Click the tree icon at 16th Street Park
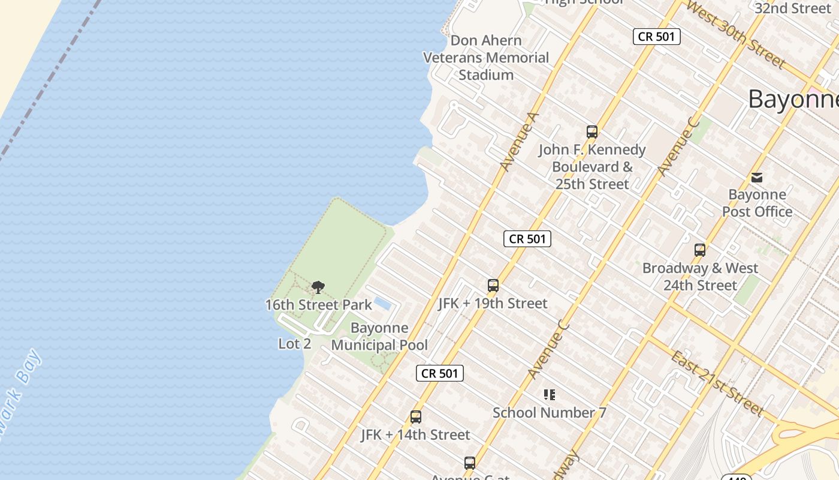coord(318,287)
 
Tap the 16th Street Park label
coord(319,305)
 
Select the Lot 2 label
coord(295,344)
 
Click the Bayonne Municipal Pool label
coord(379,337)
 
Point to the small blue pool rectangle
coord(382,304)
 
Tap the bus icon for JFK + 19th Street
coord(493,286)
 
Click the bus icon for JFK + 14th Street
coord(416,417)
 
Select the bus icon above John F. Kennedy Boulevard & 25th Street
coord(592,132)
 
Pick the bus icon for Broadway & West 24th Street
coord(700,250)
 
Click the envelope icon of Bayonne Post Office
coord(757,177)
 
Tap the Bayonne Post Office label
coord(757,203)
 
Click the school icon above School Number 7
coord(550,395)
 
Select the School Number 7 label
coord(550,413)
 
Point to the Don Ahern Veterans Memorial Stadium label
coord(486,58)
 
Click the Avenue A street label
coord(520,142)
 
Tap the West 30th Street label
coord(735,34)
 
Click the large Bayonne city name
coord(793,99)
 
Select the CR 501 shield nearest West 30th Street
coord(656,37)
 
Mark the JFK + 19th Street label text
coord(493,304)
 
